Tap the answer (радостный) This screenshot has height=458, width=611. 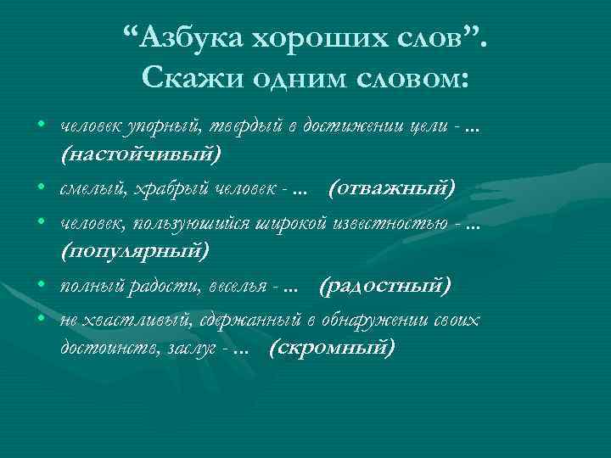(x=385, y=286)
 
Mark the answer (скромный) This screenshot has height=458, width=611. (x=331, y=349)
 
